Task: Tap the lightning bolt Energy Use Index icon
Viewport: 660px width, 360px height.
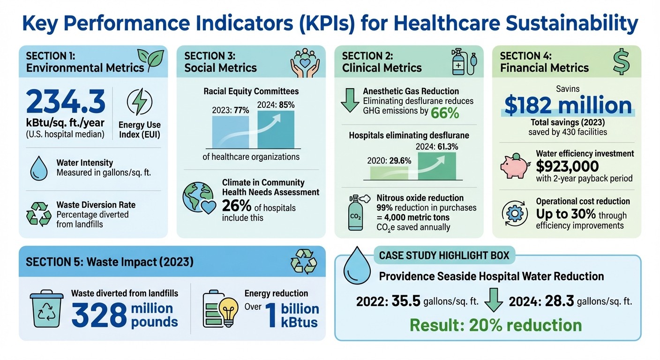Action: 139,103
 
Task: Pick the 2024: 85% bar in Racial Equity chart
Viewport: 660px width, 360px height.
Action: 276,129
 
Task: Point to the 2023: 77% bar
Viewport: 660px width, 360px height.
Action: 230,132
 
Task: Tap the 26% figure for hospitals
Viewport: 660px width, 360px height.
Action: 234,207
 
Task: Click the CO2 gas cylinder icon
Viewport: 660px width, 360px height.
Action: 356,213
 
